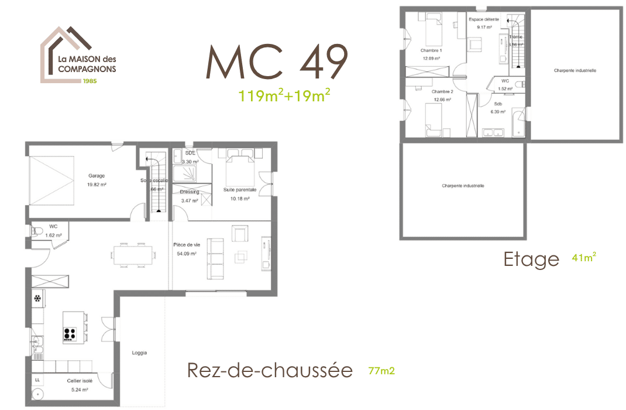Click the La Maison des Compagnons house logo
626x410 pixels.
(77, 56)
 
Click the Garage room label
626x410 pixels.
(97, 176)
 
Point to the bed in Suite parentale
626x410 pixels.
(236, 166)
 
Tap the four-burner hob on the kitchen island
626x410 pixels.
(70, 334)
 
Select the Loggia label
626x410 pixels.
(139, 353)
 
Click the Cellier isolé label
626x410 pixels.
(78, 381)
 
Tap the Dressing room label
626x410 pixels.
(190, 192)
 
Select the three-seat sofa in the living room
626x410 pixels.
(215, 258)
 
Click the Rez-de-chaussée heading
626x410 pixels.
(270, 370)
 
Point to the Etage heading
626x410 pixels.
(531, 259)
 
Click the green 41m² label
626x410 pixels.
(584, 257)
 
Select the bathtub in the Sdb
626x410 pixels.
(518, 122)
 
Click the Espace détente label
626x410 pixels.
(484, 19)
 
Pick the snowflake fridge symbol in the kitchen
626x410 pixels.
(38, 299)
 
